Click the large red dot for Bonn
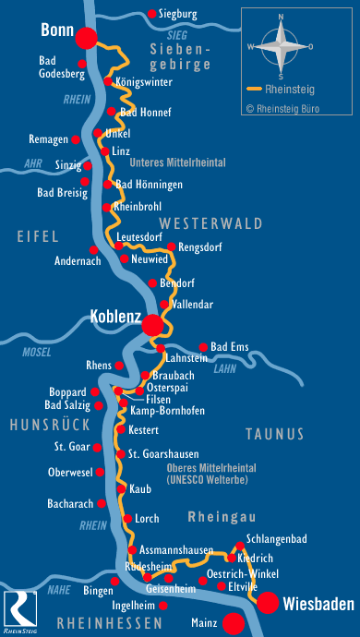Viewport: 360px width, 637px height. coord(86,38)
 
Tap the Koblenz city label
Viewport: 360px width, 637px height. coord(114,318)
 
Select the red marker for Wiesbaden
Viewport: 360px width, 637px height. coord(269,603)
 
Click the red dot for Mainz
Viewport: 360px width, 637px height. coord(234,623)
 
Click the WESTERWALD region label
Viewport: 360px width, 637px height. coord(211,223)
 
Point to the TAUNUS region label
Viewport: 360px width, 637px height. coord(274,433)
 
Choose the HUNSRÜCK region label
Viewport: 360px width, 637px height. coord(50,424)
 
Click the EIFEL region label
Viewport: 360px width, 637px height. coord(38,237)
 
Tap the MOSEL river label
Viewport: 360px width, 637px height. coord(37,351)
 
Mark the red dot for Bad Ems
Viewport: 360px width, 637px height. coord(204,347)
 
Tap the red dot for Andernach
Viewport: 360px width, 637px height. coord(93,250)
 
